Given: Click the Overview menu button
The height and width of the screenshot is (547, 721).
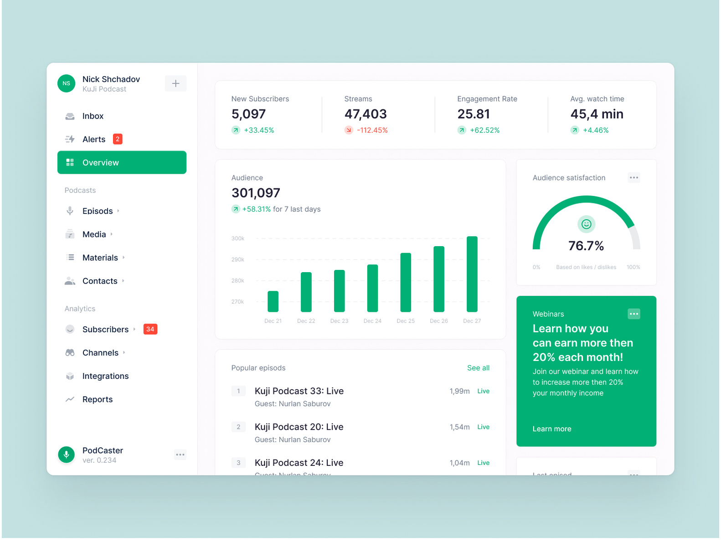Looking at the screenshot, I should coord(122,163).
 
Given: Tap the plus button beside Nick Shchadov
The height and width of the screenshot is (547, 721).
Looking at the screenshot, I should coord(175,83).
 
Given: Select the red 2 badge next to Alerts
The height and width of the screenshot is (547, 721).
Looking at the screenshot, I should coord(118,139).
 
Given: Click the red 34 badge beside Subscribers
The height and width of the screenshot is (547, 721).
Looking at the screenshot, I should coord(150,329).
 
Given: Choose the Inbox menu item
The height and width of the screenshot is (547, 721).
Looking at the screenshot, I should coord(93,116).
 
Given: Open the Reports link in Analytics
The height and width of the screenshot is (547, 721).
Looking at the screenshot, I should coord(97,399).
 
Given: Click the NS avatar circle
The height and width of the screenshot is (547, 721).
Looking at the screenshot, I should coord(67,83).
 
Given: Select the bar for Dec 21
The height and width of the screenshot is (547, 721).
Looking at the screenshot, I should coord(273,301).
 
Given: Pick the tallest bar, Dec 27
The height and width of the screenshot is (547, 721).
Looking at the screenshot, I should coord(472,274).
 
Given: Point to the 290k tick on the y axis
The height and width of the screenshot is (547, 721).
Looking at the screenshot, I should coord(238,259).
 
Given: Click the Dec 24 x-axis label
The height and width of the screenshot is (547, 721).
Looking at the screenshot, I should coord(372,321).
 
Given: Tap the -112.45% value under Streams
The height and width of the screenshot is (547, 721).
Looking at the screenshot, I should coord(372,130).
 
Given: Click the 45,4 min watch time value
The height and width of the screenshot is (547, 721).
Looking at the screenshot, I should coord(597,114).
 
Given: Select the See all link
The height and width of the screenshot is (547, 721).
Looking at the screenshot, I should coord(478,368).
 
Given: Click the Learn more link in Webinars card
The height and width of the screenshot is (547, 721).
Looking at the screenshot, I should coord(551,429).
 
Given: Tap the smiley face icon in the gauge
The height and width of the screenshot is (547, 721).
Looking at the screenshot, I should coord(586,224).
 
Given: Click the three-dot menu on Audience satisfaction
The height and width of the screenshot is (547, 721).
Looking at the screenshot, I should coord(633,178).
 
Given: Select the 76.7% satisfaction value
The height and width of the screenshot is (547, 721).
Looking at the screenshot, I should coord(586,246).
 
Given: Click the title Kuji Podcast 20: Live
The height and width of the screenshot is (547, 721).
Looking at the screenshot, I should coord(299,427).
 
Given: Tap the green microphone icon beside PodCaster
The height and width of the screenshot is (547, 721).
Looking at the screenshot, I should coord(67,454).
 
